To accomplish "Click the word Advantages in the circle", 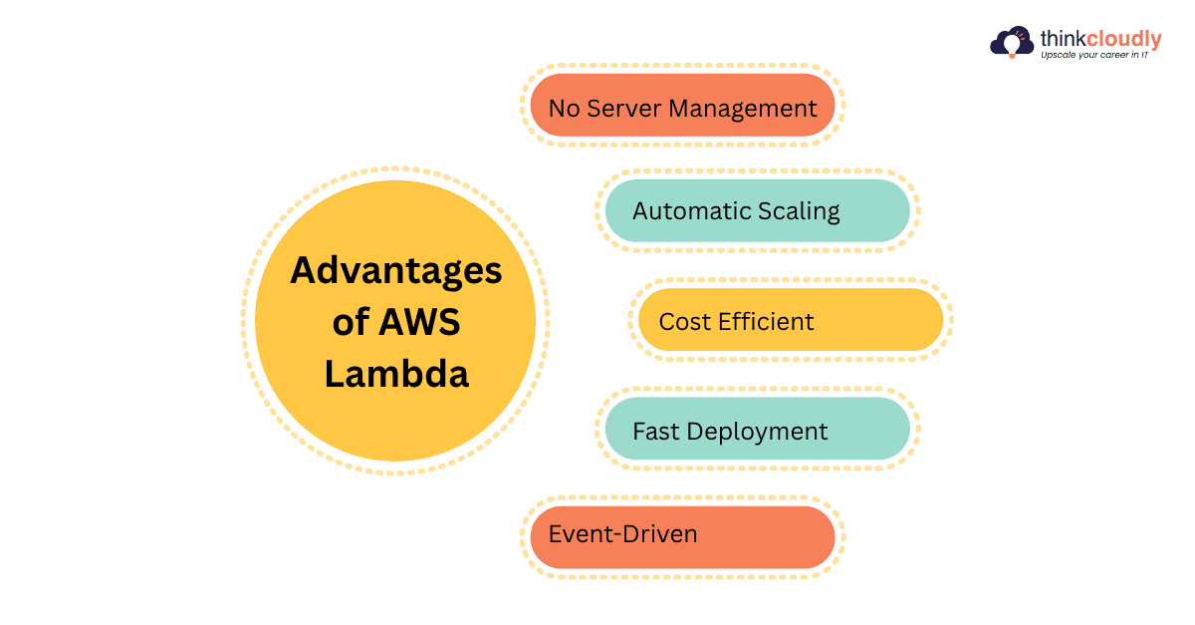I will [395, 271].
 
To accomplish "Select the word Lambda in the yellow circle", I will [396, 375].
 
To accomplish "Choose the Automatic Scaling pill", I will [757, 210].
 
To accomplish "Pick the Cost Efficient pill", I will [790, 321].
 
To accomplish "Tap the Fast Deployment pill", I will [757, 430].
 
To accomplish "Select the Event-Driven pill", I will [682, 535].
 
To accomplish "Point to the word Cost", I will [682, 322].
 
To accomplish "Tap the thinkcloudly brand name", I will [1100, 40].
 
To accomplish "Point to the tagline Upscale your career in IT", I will [1094, 56].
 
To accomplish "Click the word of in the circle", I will [353, 323].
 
